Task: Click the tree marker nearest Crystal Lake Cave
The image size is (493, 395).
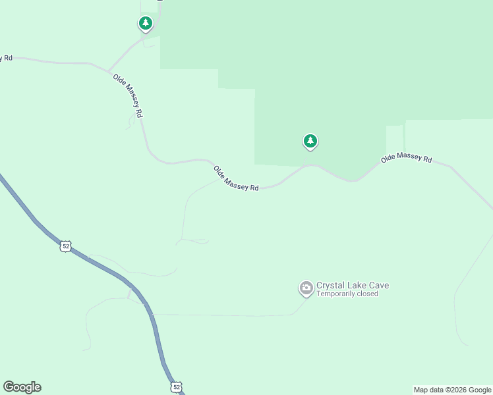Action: (x=310, y=141)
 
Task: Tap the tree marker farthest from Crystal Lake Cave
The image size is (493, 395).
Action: (x=146, y=24)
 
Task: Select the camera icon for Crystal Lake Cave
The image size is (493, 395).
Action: (x=306, y=288)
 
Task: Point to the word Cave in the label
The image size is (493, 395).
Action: (x=378, y=286)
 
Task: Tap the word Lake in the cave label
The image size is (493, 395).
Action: (x=357, y=286)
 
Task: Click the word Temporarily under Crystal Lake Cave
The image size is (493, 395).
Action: (x=335, y=294)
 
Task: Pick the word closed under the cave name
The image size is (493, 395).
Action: (x=367, y=294)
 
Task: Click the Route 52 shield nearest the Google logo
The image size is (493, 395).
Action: (x=176, y=387)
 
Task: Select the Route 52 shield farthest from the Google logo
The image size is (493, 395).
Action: (x=65, y=246)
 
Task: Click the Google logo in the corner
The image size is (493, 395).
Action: (x=22, y=387)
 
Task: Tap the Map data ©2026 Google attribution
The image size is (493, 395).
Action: (x=452, y=390)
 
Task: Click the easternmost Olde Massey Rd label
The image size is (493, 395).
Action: (x=406, y=159)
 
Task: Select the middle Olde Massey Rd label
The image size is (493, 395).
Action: (x=236, y=178)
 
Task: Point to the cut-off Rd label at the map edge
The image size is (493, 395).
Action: (x=6, y=58)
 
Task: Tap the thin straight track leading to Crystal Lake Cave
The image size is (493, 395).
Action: (x=224, y=315)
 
